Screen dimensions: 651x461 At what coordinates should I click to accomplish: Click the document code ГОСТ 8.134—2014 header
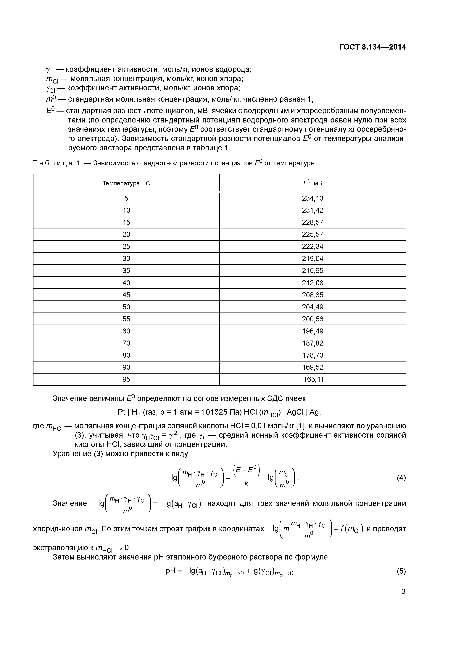point(372,47)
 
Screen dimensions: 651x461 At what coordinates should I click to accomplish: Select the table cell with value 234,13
point(312,198)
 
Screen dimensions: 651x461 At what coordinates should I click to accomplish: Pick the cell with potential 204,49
point(312,307)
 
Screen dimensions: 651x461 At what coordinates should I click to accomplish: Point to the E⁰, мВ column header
point(312,183)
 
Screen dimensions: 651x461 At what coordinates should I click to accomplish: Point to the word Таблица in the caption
point(53,163)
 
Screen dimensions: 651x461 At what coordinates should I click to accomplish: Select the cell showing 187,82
point(312,343)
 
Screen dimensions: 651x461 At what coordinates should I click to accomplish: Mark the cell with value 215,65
point(312,271)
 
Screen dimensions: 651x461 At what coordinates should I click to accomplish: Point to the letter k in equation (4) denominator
point(246,484)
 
